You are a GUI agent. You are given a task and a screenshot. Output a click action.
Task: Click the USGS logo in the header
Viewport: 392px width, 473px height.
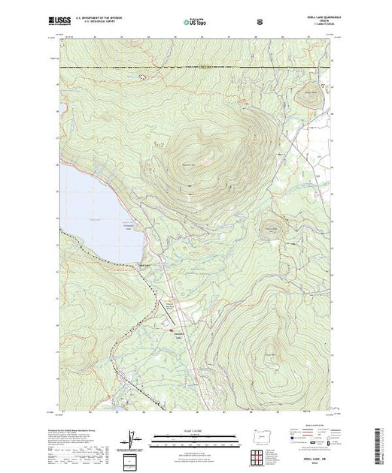[x=68, y=23]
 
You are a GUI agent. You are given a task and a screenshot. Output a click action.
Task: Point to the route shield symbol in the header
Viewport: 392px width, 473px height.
[x=259, y=23]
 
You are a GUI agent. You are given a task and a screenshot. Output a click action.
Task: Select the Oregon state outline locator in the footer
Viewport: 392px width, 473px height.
[x=260, y=437]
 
